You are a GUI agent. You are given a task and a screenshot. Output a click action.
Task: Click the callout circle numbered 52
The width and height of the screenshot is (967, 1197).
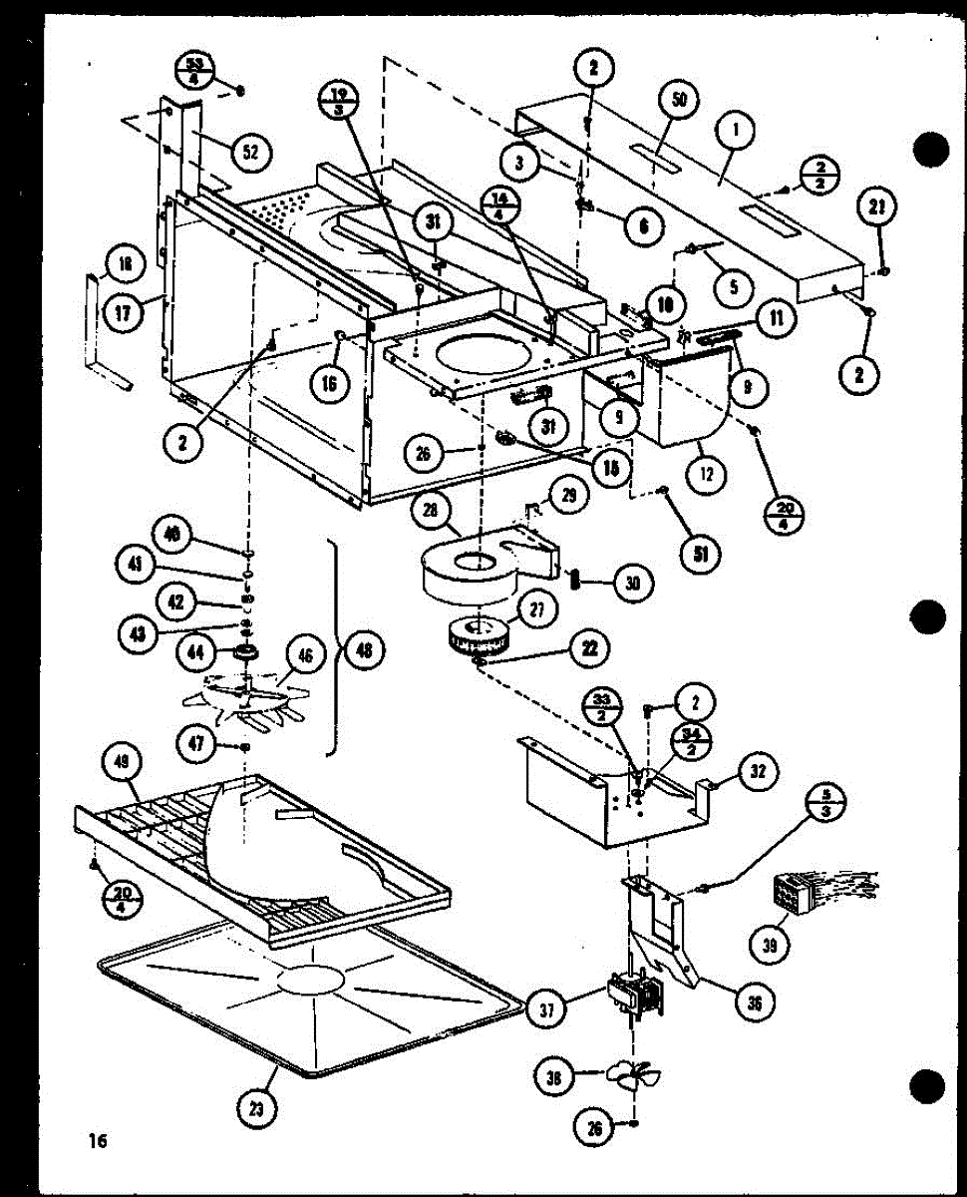(x=250, y=152)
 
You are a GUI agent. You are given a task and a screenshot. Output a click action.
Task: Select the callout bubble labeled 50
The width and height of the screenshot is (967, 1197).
(x=685, y=101)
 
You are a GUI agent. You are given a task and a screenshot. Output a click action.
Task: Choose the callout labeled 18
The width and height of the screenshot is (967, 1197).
(x=125, y=264)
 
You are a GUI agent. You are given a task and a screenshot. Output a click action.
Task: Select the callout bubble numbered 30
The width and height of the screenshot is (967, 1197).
(x=628, y=585)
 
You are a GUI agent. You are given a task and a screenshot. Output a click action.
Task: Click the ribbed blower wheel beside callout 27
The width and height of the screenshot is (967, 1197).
(x=477, y=636)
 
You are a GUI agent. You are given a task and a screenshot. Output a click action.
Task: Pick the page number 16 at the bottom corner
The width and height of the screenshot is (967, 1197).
(x=97, y=1140)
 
